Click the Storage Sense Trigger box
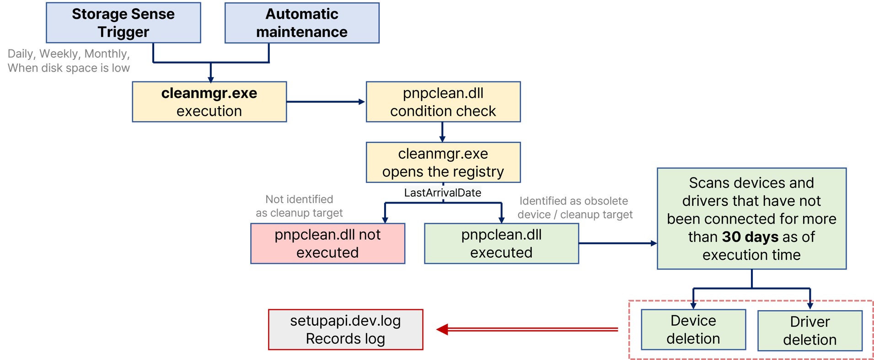coord(123,23)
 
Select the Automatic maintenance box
coord(301,23)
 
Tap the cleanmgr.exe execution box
coord(209,102)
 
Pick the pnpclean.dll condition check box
coord(443,102)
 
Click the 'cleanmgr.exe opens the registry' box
coord(443,162)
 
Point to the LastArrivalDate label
coord(442,193)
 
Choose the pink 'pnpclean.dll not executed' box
coord(327,243)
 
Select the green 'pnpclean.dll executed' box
coord(501,243)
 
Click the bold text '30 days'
coord(750,237)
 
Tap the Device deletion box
coord(693,329)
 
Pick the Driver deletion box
coord(810,331)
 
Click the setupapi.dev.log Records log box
coord(345,329)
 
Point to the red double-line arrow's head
coord(442,329)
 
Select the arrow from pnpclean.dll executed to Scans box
coord(617,243)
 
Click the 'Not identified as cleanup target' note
coord(299,206)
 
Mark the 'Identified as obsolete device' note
coord(574,208)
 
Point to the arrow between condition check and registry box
coord(442,132)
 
